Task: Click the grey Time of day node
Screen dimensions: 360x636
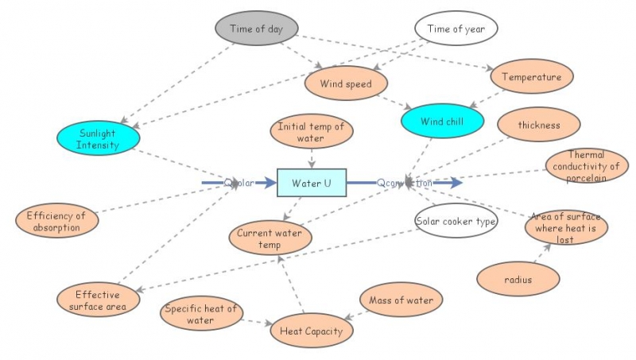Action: click(x=256, y=29)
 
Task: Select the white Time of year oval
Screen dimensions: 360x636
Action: click(x=456, y=29)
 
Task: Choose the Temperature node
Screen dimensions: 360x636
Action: click(x=532, y=77)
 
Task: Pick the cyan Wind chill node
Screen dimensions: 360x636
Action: click(x=443, y=122)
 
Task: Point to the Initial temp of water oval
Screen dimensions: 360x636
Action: click(x=311, y=131)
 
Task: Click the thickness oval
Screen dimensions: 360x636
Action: click(x=538, y=125)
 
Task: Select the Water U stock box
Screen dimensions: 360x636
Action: click(x=312, y=183)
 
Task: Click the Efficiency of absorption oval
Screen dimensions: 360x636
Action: click(x=58, y=221)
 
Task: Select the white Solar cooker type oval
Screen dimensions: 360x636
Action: click(x=456, y=220)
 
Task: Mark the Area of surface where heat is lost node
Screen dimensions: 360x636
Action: click(x=566, y=227)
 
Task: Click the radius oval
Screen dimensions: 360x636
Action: click(x=518, y=279)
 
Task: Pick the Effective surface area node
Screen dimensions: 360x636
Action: click(x=98, y=300)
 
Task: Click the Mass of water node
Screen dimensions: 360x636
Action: click(x=401, y=300)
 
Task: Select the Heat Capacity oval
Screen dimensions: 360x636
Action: click(x=311, y=331)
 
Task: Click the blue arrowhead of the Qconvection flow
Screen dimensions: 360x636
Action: click(x=455, y=183)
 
